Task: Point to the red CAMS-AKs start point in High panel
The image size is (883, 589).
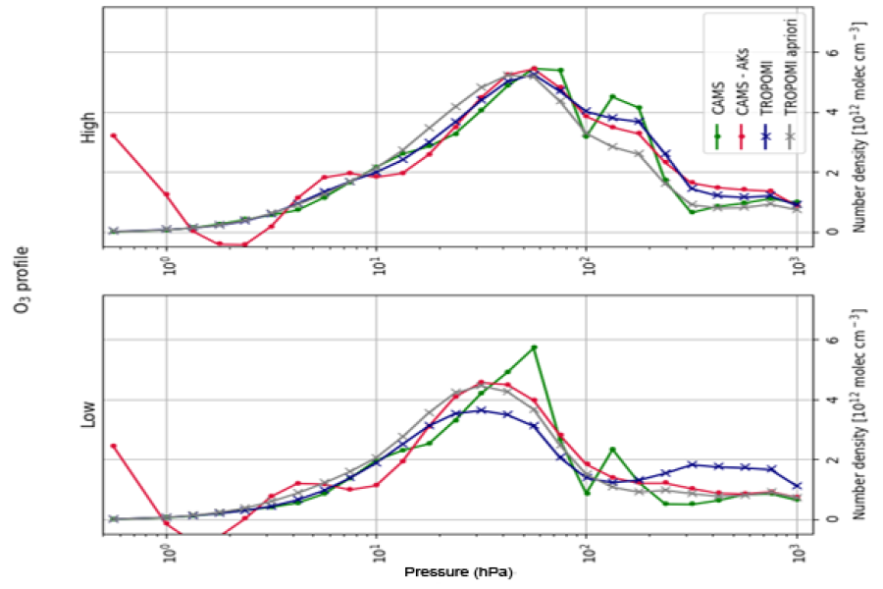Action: tap(114, 135)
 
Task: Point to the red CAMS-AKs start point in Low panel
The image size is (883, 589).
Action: tap(114, 446)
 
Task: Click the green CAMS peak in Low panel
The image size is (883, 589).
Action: tap(534, 348)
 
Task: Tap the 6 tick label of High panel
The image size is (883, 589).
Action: tap(833, 51)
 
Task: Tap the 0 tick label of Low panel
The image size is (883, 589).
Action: tap(833, 519)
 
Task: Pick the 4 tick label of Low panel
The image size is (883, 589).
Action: tap(833, 400)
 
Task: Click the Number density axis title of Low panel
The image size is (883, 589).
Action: tap(858, 413)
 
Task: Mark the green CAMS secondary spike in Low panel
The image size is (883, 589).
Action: tap(612, 450)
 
